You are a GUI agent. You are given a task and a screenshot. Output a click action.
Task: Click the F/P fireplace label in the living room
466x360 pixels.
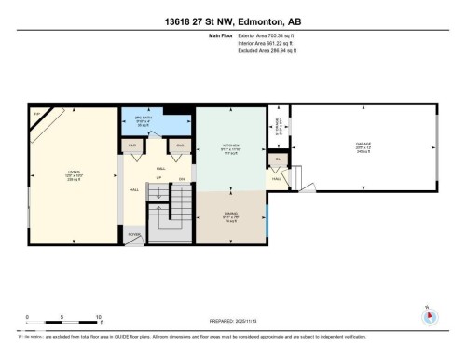coord(38,114)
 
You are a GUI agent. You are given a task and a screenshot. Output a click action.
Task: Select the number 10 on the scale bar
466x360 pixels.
coord(97,317)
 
